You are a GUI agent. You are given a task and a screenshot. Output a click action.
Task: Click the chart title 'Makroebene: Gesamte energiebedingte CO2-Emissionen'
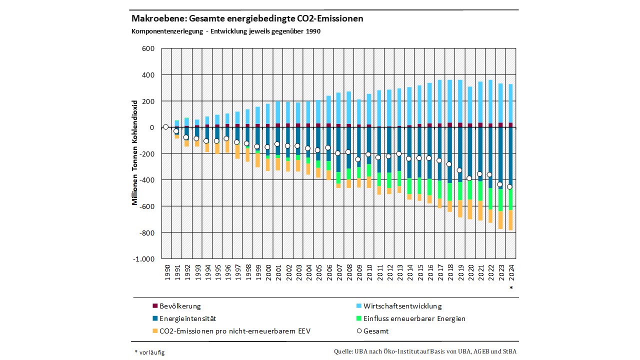click(x=247, y=18)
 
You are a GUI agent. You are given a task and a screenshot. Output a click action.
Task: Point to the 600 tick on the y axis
click(x=148, y=48)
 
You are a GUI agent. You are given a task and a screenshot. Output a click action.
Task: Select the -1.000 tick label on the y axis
click(x=144, y=259)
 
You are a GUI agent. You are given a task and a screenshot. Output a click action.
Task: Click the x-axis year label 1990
click(x=166, y=273)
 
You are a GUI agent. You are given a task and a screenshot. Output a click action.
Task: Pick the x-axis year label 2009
click(x=358, y=273)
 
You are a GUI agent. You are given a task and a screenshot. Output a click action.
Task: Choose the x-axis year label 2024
click(x=510, y=273)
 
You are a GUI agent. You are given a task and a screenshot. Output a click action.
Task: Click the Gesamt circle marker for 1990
click(x=166, y=127)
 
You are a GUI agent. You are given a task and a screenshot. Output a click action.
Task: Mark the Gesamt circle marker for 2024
click(x=509, y=187)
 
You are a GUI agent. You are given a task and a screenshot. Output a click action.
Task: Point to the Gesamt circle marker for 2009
click(x=357, y=159)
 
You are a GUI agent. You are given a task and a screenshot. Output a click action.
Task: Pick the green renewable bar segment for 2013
click(x=398, y=178)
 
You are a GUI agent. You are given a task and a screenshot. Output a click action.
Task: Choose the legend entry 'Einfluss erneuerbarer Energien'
click(x=414, y=318)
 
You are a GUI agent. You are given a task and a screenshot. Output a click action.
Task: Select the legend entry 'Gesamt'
click(x=376, y=331)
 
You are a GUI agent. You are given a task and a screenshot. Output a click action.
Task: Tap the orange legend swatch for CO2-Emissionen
click(x=155, y=331)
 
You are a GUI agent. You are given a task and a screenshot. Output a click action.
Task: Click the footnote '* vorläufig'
click(x=149, y=352)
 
